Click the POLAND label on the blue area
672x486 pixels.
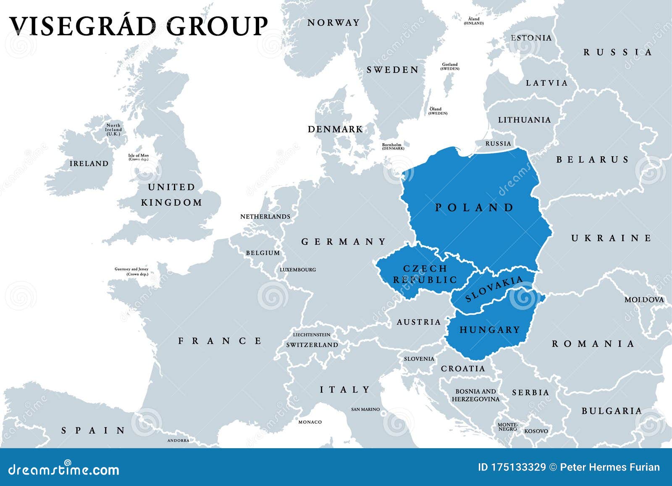pyautogui.click(x=474, y=207)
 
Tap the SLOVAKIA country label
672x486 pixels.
pyautogui.click(x=494, y=289)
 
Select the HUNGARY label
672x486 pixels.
pyautogui.click(x=490, y=330)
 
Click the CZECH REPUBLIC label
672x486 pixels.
pyautogui.click(x=425, y=274)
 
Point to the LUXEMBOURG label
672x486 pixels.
pyautogui.click(x=298, y=270)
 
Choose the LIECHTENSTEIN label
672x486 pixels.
pyautogui.click(x=312, y=335)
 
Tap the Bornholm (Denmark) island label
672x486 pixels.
pyautogui.click(x=393, y=147)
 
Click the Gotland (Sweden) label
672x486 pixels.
pyautogui.click(x=450, y=66)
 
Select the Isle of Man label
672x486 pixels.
pyautogui.click(x=138, y=158)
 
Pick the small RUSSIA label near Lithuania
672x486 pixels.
pyautogui.click(x=498, y=144)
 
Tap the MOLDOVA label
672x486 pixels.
pyautogui.click(x=644, y=300)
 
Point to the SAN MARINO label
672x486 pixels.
pyautogui.click(x=365, y=409)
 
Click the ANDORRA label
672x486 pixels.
pyautogui.click(x=178, y=440)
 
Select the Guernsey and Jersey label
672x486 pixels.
pyautogui.click(x=131, y=271)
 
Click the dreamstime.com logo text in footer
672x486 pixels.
pyautogui.click(x=64, y=470)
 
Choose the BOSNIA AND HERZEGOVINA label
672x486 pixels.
pyautogui.click(x=475, y=395)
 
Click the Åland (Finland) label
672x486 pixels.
pyautogui.click(x=473, y=21)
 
